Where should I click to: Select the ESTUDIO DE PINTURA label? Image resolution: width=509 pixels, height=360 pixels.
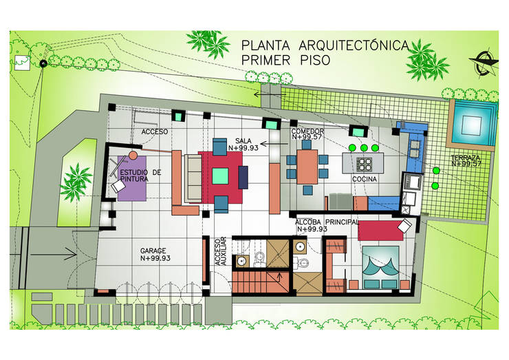point(140,176)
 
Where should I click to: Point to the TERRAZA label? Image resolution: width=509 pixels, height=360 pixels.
point(466,160)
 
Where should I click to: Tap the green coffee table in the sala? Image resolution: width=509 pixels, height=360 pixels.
point(220,175)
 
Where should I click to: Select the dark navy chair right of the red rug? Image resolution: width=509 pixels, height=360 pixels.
point(244,176)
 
